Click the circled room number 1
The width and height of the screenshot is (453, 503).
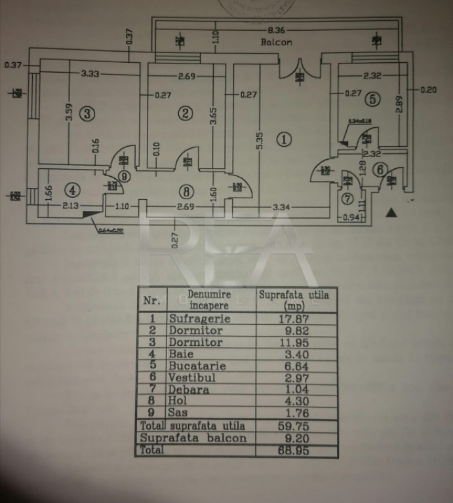click(284, 139)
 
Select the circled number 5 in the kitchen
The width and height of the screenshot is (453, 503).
click(372, 100)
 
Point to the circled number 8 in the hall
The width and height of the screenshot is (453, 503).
click(187, 192)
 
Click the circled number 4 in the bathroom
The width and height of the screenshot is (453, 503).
click(73, 190)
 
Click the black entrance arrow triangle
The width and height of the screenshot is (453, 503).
click(391, 212)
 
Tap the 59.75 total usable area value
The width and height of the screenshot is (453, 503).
click(288, 425)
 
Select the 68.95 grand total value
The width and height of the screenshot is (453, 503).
click(288, 450)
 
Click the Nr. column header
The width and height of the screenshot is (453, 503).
click(151, 301)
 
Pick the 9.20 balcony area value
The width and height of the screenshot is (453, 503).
click(290, 437)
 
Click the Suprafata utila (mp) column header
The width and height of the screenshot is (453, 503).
click(294, 300)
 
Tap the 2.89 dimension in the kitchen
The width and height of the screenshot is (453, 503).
click(399, 105)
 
